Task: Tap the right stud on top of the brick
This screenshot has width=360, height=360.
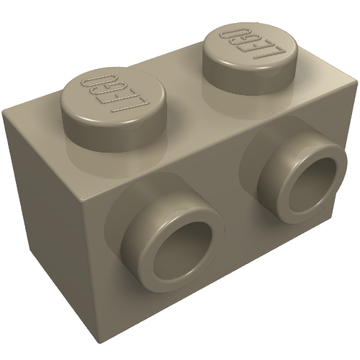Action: click(250, 58)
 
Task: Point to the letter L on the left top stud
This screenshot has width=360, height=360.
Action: click(132, 103)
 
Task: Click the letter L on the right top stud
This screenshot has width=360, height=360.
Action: click(268, 51)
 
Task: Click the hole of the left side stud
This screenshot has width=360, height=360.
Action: click(182, 251)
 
